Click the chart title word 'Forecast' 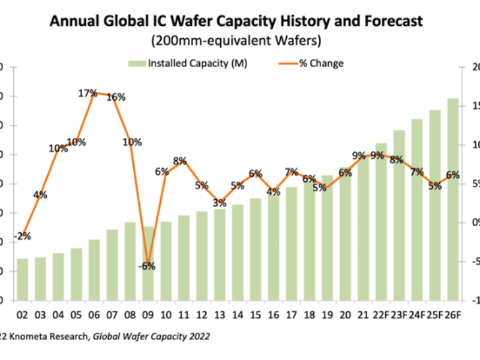click(x=389, y=22)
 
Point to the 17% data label click(x=88, y=93)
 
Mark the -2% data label click(x=22, y=236)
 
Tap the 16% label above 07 click(x=116, y=97)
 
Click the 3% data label click(x=220, y=203)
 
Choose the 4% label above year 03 click(x=40, y=194)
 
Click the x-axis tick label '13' click(x=220, y=314)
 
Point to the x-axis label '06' click(x=94, y=314)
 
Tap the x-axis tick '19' click(x=327, y=314)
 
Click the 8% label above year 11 click(x=180, y=161)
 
